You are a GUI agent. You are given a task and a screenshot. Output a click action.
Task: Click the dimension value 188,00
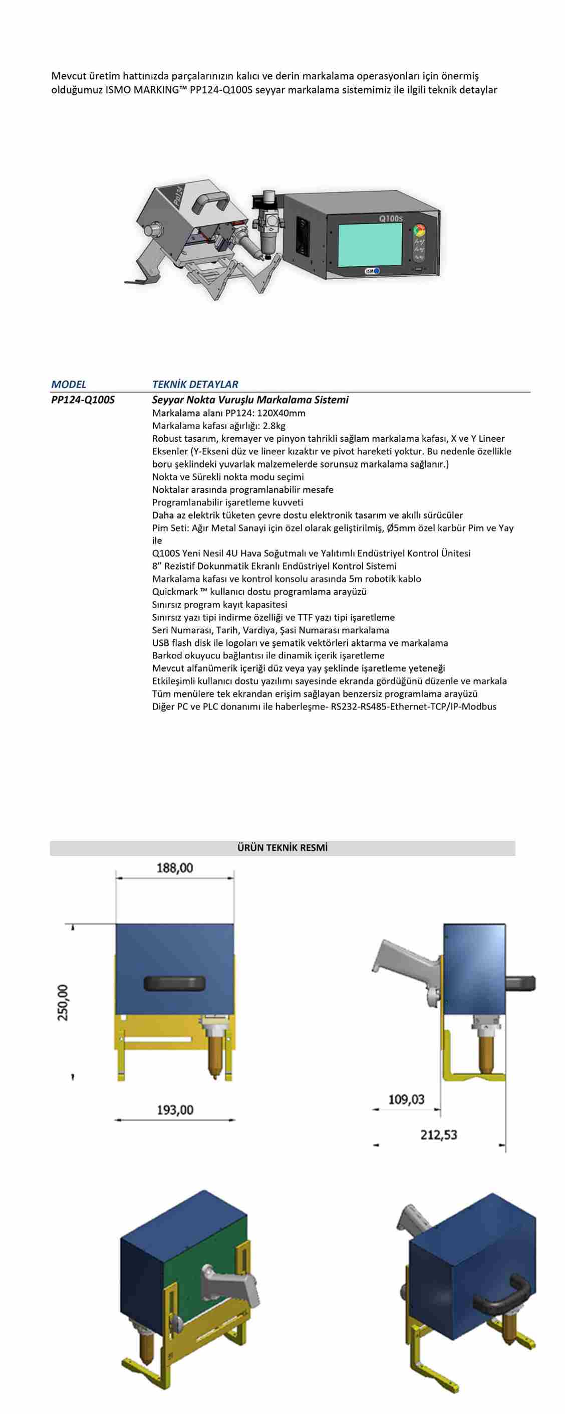[175, 868]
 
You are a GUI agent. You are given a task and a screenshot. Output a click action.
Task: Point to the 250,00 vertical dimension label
[64, 1002]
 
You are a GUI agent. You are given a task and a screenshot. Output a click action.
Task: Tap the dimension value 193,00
[175, 1109]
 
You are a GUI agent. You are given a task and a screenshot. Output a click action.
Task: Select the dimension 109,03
[407, 1099]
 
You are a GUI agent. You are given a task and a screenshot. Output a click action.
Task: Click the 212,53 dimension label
[438, 1134]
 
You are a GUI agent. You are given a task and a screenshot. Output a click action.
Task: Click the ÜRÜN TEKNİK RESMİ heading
[282, 847]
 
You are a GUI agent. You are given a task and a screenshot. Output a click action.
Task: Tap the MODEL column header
[69, 384]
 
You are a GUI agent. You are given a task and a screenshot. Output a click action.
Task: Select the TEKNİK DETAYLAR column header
[195, 384]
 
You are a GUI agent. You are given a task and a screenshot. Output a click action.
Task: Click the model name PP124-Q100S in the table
[83, 400]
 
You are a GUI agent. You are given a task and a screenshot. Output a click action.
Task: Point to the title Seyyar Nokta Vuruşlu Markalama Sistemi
[250, 400]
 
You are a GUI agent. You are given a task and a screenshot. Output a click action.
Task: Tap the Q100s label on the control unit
[391, 219]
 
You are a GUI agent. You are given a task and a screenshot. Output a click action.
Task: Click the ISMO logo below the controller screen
[372, 271]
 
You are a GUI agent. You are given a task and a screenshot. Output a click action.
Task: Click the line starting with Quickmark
[259, 592]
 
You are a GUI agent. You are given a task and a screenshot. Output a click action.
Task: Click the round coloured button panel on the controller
[420, 230]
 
